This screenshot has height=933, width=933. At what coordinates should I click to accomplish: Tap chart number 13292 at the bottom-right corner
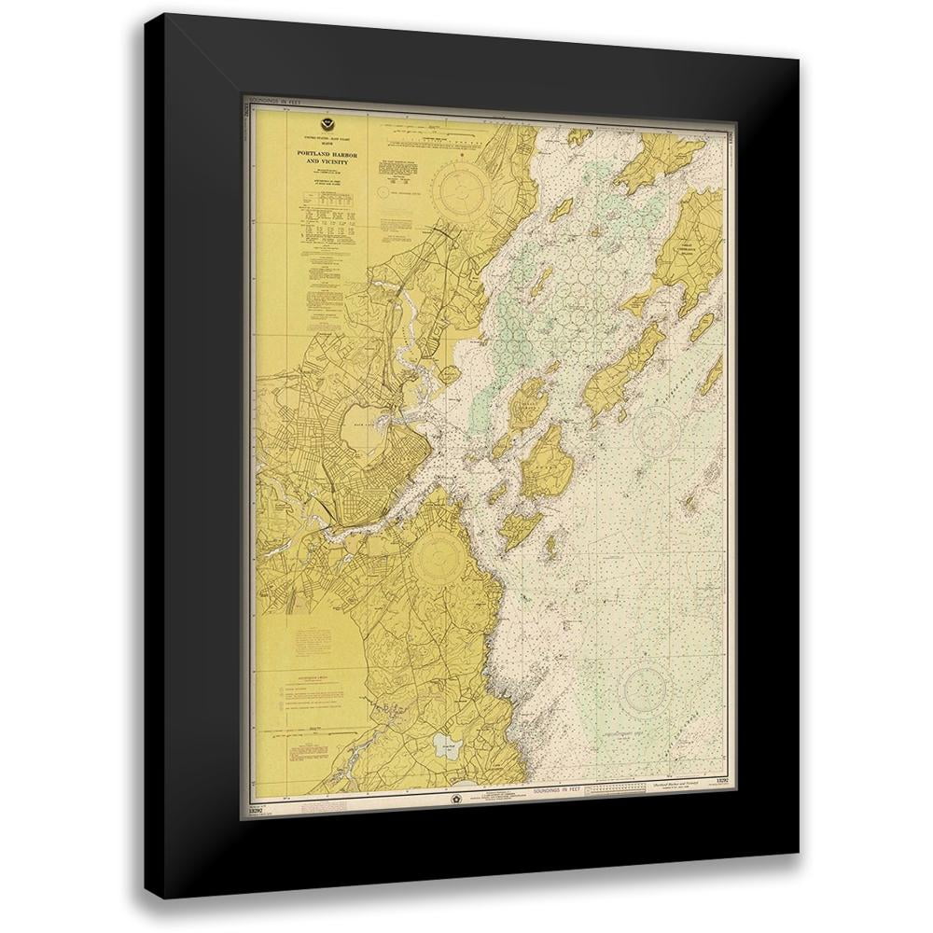[x=719, y=779]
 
